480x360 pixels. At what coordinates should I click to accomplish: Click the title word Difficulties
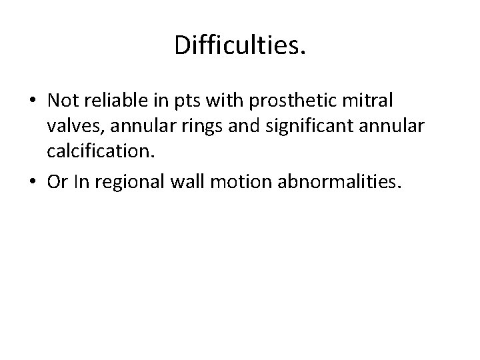240,45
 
